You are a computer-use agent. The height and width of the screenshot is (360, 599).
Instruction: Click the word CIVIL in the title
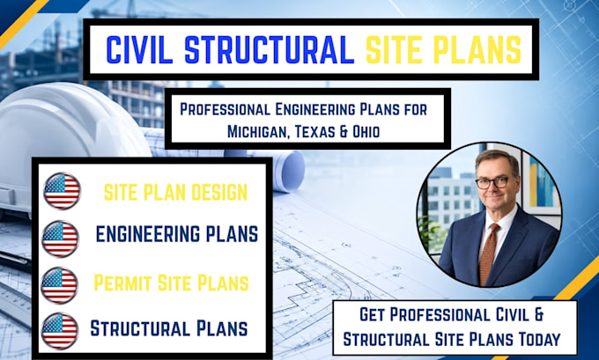click(x=139, y=49)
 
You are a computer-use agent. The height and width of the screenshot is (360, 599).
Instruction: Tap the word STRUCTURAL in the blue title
click(x=270, y=49)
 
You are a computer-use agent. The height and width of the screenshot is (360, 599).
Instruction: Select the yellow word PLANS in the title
click(x=477, y=49)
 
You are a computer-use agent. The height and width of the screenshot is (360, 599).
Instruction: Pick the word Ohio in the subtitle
click(x=366, y=132)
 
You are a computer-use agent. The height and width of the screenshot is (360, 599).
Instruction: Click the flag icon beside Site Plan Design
click(x=62, y=191)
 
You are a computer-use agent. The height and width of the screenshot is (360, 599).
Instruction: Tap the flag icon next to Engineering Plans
click(x=60, y=239)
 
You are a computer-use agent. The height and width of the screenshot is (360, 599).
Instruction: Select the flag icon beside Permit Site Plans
click(x=59, y=285)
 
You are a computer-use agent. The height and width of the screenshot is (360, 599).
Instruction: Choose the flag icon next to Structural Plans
click(x=59, y=331)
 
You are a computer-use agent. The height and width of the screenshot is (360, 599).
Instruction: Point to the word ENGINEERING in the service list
click(x=148, y=234)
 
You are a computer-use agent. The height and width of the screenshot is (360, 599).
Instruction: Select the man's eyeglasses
click(x=492, y=182)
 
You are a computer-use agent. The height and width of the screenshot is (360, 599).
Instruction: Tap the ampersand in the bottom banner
click(x=538, y=314)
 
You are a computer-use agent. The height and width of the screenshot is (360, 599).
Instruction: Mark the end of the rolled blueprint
click(x=292, y=170)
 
